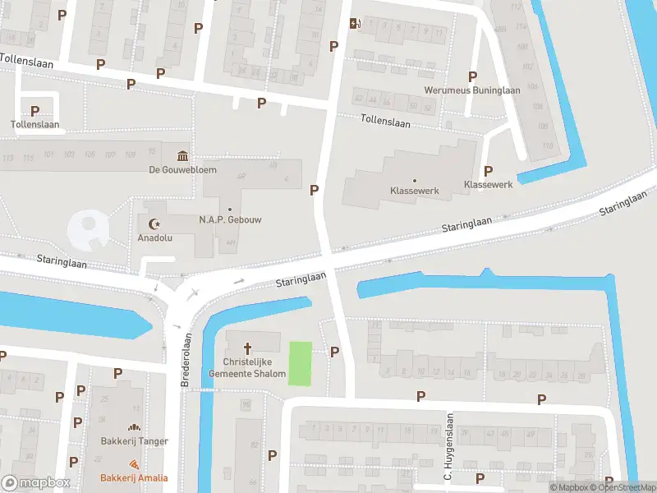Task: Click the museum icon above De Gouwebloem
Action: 181,156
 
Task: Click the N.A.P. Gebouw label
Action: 229,220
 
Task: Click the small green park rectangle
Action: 301,363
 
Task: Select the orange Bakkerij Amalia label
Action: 134,478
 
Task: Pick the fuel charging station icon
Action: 354,23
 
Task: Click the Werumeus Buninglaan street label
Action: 471,90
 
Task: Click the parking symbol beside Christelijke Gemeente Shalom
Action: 334,352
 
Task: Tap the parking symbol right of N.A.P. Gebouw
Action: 314,190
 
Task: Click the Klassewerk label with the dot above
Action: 414,191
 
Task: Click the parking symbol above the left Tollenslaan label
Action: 35,110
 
